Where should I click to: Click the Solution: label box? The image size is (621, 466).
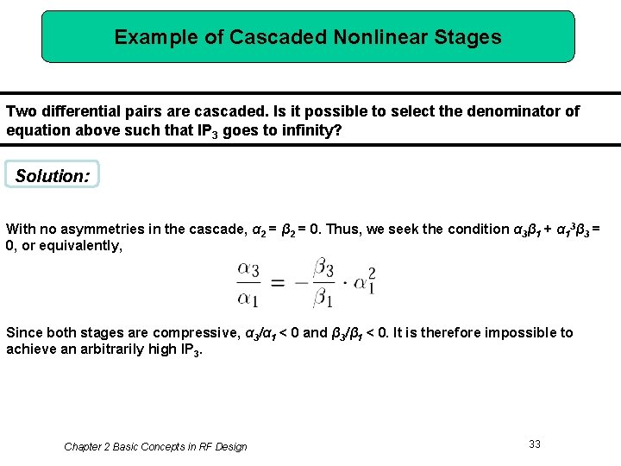point(52,175)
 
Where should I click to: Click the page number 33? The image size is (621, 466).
point(535,444)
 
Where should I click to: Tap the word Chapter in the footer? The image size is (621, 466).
point(84,446)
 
